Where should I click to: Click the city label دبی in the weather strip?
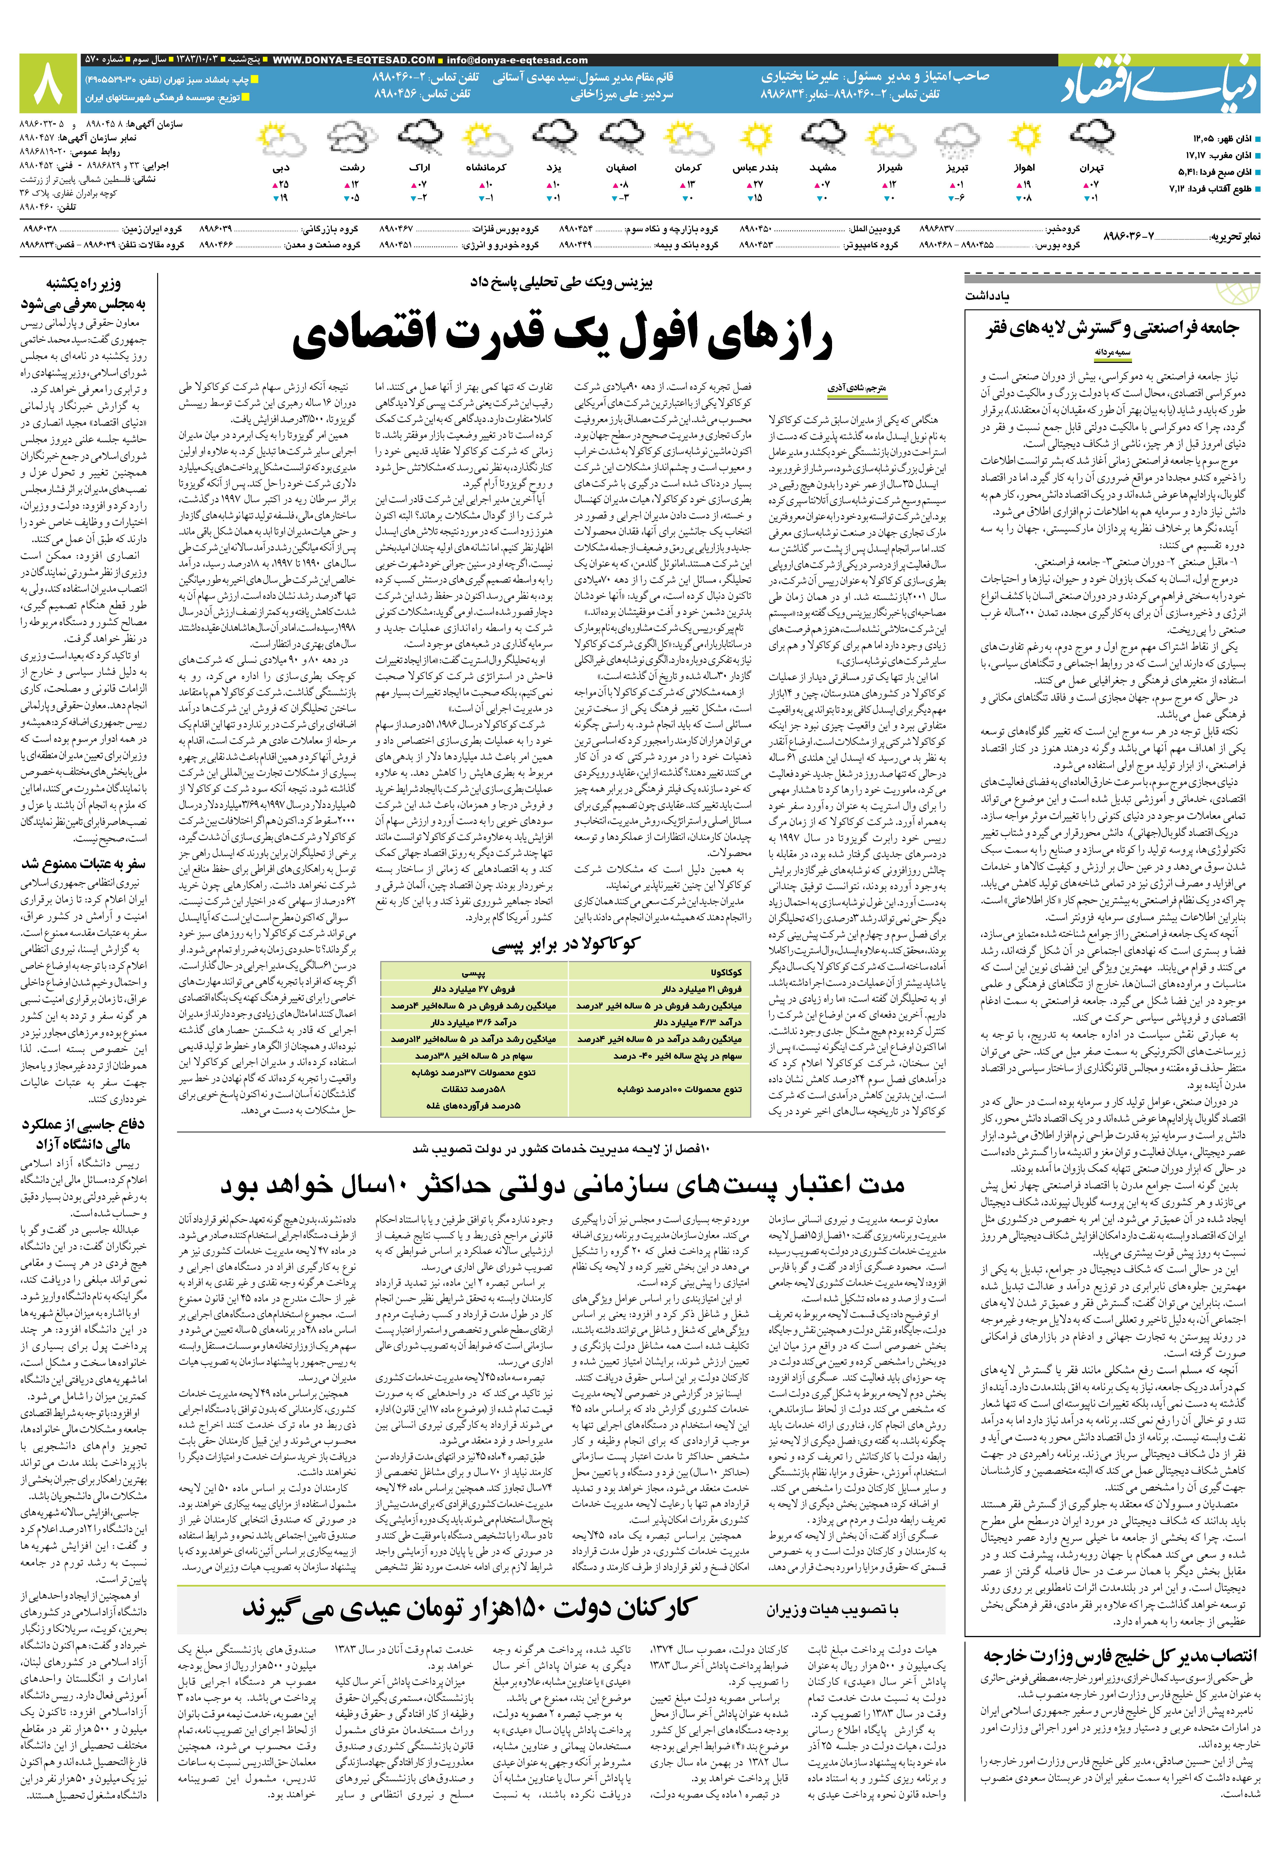(281, 168)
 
